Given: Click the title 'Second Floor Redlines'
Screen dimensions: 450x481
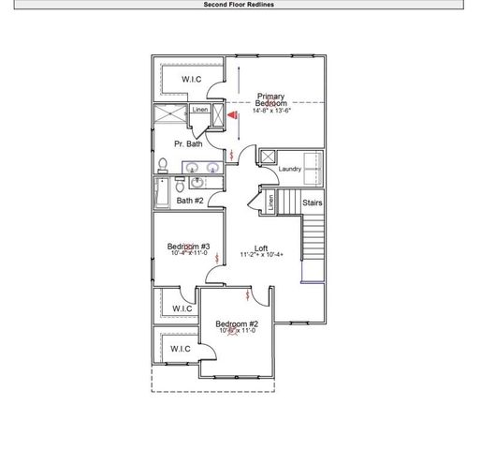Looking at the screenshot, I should click(x=240, y=4).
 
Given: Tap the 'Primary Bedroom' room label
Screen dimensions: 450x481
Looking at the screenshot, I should click(x=271, y=98).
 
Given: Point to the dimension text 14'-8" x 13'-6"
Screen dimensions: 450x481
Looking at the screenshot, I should click(x=272, y=111).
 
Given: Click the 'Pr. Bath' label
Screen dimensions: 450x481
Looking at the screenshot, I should click(x=188, y=144).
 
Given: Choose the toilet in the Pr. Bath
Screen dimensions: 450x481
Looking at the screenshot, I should click(x=163, y=166).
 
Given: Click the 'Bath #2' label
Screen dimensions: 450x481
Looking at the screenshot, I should click(x=191, y=200).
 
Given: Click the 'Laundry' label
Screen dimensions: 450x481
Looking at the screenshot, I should click(x=289, y=170).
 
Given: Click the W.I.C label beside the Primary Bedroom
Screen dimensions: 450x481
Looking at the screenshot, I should click(x=193, y=80).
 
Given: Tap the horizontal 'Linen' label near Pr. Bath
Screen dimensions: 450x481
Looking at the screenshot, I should click(x=199, y=111).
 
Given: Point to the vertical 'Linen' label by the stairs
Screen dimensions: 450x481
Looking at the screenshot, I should click(x=270, y=202).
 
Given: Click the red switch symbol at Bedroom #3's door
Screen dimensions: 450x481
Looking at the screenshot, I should click(x=218, y=256).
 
